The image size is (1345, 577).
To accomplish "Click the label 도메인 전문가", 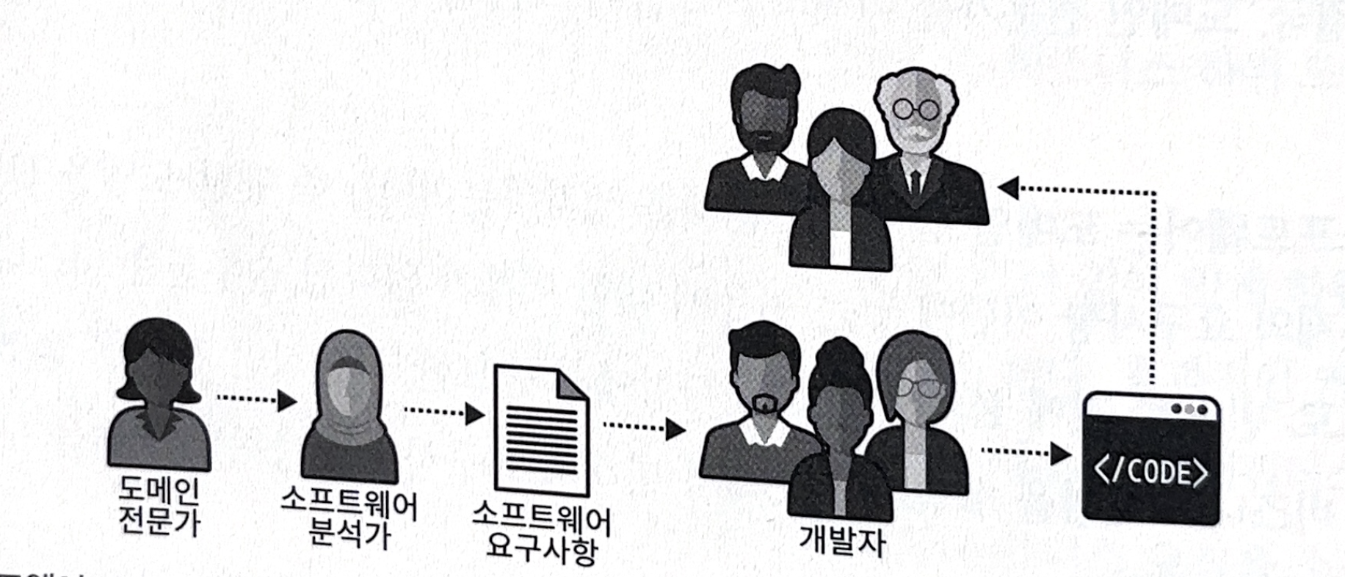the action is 159,506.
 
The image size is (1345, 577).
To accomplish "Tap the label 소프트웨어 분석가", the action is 349,518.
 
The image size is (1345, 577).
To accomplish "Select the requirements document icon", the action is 541,429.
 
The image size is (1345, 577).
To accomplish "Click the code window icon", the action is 1150,458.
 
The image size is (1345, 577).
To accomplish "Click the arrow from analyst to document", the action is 444,413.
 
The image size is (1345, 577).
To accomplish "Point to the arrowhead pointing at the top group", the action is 1009,189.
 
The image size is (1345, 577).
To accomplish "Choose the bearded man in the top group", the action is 764,139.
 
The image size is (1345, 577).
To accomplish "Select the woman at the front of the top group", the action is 841,198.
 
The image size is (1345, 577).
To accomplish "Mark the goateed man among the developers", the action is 764,396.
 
